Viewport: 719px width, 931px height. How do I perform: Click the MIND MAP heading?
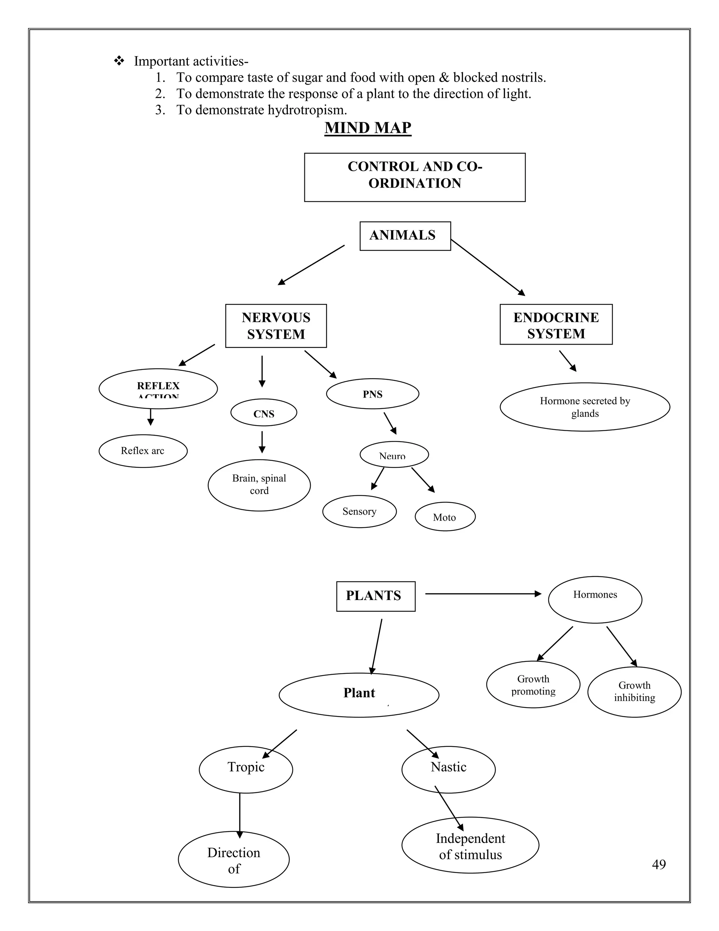coord(368,128)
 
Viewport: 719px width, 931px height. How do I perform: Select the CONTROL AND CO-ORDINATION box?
coord(415,177)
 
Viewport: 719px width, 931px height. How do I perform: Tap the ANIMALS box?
coord(405,236)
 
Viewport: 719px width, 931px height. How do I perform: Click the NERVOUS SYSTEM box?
coord(276,326)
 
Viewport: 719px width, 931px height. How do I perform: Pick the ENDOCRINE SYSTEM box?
coord(556,324)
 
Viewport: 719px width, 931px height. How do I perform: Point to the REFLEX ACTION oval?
coord(158,388)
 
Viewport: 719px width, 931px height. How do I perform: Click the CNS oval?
coord(264,413)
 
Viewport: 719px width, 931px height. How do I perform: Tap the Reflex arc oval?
coord(143,451)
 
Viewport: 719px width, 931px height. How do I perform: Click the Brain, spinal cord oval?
coord(259,485)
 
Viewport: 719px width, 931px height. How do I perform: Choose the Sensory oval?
coord(359,511)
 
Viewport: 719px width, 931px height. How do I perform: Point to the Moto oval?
coord(445,517)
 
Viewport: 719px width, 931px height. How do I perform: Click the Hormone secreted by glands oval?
coord(585,407)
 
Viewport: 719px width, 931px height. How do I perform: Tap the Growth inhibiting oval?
coord(634,691)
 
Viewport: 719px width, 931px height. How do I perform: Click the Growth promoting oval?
coord(533,685)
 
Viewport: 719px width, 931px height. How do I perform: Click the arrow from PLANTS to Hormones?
coord(483,594)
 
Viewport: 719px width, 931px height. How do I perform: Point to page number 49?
coord(659,864)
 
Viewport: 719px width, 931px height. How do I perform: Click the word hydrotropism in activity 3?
coord(307,110)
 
